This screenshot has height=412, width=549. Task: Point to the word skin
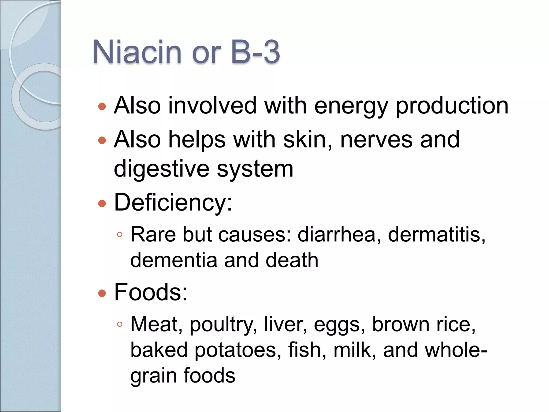tap(307, 139)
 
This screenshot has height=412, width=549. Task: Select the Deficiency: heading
tap(173, 203)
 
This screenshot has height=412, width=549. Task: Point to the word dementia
tap(174, 260)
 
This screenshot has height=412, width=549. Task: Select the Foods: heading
tap(151, 292)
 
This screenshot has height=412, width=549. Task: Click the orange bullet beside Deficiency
tap(102, 204)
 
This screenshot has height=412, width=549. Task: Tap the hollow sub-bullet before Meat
tap(120, 325)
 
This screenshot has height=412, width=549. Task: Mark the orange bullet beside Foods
tap(102, 293)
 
